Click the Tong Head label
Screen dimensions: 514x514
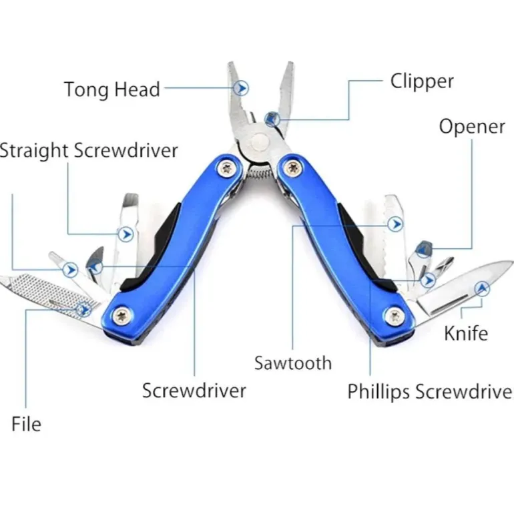pyautogui.click(x=111, y=89)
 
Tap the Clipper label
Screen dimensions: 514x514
pyautogui.click(x=421, y=81)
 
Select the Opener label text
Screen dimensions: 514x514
pyautogui.click(x=471, y=126)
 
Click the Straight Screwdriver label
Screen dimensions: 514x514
pyautogui.click(x=89, y=150)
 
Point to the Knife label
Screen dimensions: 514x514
pyautogui.click(x=466, y=332)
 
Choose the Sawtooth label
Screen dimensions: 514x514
pyautogui.click(x=292, y=363)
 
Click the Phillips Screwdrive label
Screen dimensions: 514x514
pyautogui.click(x=429, y=391)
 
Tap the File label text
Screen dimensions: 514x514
pyautogui.click(x=26, y=424)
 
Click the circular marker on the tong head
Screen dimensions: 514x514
pyautogui.click(x=242, y=87)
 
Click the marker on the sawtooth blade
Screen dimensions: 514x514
pyautogui.click(x=396, y=224)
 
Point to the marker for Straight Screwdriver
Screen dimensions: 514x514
pyautogui.click(x=125, y=234)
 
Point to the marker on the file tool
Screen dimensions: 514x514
pyautogui.click(x=83, y=308)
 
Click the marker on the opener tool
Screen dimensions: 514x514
pyautogui.click(x=423, y=250)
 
